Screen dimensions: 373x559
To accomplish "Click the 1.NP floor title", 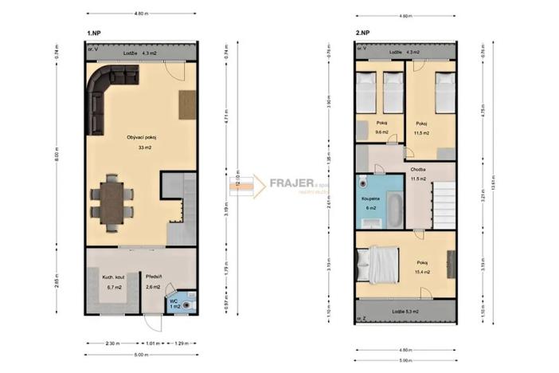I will click(94, 33).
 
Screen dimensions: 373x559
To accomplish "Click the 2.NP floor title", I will click(363, 33).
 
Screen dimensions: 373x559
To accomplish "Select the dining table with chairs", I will click(110, 202).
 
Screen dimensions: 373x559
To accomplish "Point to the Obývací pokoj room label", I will click(141, 138).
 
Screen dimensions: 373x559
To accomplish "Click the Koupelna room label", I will click(370, 197).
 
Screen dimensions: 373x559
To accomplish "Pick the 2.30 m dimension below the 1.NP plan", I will click(112, 344).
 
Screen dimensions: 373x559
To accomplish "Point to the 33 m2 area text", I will click(144, 147).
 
